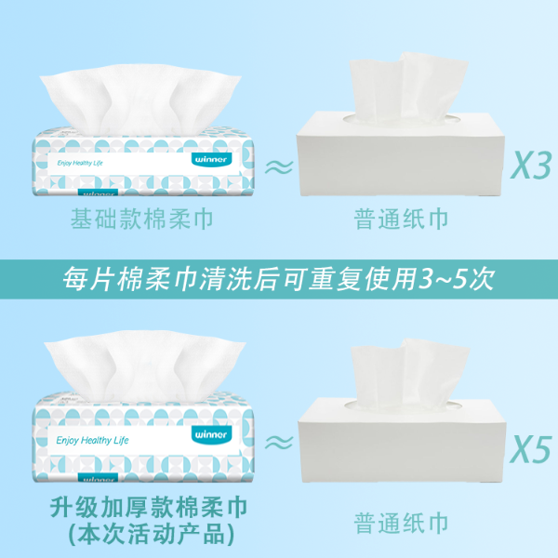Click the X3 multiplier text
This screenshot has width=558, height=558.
pos(531,165)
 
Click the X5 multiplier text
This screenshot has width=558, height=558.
pos(531,449)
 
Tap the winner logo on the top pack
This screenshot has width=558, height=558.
pos(211,159)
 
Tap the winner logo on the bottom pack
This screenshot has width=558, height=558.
pos(211,434)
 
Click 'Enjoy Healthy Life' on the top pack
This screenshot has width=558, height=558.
pos(80,163)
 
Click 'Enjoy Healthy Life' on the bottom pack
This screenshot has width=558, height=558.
pos(92,441)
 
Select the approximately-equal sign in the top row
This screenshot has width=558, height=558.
pos(279,166)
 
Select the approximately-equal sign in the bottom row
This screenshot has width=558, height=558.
pos(279,443)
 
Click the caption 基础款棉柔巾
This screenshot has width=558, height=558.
pos(142,219)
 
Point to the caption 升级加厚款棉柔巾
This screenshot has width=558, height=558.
pos(149,507)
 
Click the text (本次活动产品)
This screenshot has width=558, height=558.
pos(151,534)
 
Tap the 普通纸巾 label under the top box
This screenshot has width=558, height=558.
pos(401,219)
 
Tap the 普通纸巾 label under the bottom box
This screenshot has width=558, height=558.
pos(401,523)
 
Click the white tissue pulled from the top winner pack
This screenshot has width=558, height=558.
pos(140,98)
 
